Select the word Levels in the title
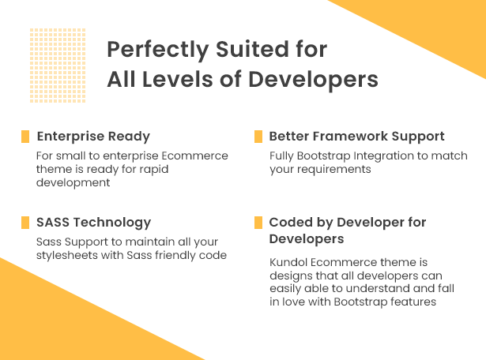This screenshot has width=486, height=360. tap(178, 79)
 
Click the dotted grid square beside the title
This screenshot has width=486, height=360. tap(58, 66)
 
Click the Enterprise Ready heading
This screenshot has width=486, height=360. tap(93, 137)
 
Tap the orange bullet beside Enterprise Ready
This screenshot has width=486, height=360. tap(25, 137)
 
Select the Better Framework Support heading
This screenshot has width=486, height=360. tap(356, 137)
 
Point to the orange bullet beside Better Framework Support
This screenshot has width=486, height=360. tap(258, 137)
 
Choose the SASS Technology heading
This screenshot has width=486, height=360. tap(93, 223)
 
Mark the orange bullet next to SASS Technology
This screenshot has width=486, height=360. tap(25, 223)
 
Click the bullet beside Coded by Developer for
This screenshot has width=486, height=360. tap(258, 223)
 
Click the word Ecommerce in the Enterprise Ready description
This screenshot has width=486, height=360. tap(194, 156)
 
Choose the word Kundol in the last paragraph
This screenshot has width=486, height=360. tap(288, 262)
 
